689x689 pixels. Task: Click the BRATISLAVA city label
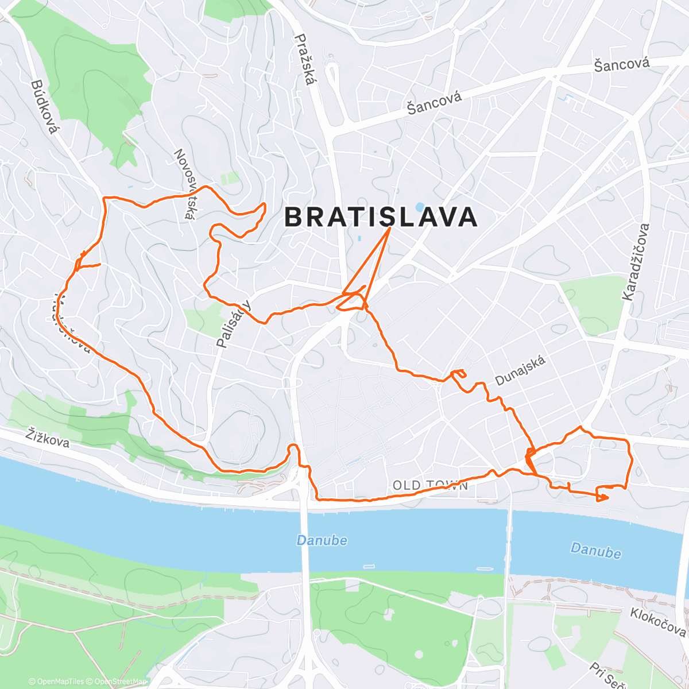pyautogui.click(x=381, y=218)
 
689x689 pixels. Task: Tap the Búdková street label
pyautogui.click(x=45, y=107)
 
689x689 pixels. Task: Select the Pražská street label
pyautogui.click(x=305, y=59)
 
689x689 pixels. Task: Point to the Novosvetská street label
pyautogui.click(x=184, y=184)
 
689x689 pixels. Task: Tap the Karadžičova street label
pyautogui.click(x=636, y=262)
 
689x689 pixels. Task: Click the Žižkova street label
pyautogui.click(x=48, y=438)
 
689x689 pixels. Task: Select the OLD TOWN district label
pyautogui.click(x=431, y=486)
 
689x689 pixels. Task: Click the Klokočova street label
pyautogui.click(x=657, y=622)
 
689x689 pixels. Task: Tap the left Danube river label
pyautogui.click(x=322, y=540)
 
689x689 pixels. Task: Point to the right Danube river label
pyautogui.click(x=595, y=551)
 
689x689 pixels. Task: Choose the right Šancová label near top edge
pyautogui.click(x=622, y=64)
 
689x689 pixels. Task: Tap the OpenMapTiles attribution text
pyautogui.click(x=56, y=682)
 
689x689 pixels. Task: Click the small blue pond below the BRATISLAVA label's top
pyautogui.click(x=420, y=206)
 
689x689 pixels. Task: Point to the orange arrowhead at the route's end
pyautogui.click(x=603, y=497)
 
